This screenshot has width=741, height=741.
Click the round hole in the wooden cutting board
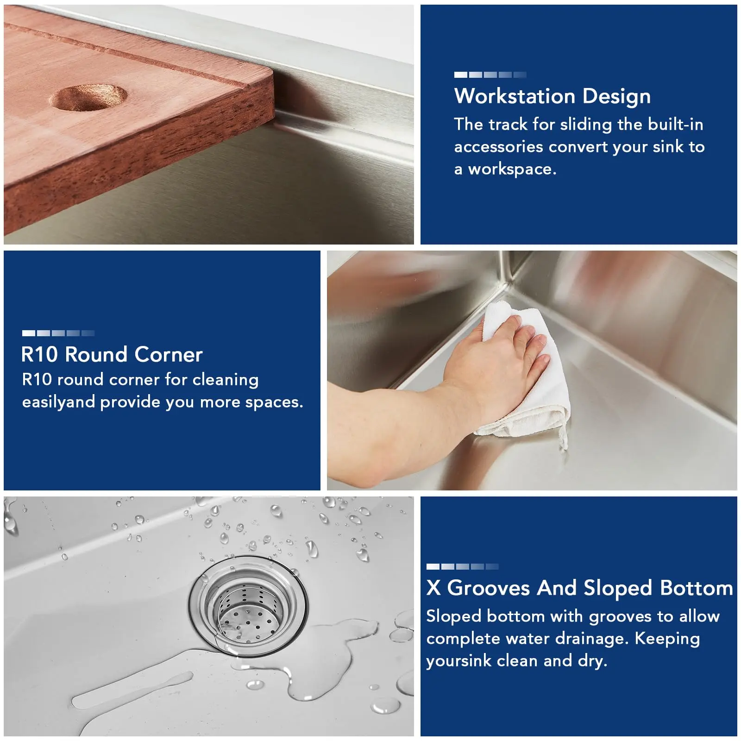pos(88,98)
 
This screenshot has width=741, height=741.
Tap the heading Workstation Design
pos(553,96)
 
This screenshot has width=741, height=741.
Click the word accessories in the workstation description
pos(498,147)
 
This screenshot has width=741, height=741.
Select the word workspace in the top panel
pos(512,169)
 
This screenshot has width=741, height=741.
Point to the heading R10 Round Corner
pos(112,355)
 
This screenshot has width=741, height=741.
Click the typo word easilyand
pos(59,402)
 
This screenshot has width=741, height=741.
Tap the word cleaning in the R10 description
pos(226,380)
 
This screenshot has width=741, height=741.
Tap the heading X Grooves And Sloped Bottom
pos(580,588)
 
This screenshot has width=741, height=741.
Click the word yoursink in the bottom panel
pos(459,661)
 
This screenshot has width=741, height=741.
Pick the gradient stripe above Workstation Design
pos(490,75)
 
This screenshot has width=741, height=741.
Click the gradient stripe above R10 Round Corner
pos(58,333)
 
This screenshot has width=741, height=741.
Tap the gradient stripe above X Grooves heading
pos(463,566)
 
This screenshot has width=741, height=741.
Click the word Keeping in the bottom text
pos(667,639)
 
